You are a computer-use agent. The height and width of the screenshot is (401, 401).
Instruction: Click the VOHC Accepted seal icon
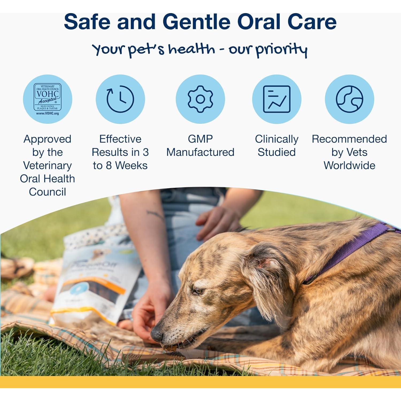pyautogui.click(x=47, y=99)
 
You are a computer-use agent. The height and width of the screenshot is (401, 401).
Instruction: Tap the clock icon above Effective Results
pyautogui.click(x=120, y=99)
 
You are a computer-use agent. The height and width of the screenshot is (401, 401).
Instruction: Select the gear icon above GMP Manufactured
pyautogui.click(x=200, y=99)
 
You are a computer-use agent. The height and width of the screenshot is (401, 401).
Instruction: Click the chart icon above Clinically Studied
pyautogui.click(x=277, y=99)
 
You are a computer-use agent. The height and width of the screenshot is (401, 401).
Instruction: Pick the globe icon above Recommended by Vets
pyautogui.click(x=349, y=99)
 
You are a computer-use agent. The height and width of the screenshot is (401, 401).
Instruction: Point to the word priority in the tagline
pyautogui.click(x=282, y=50)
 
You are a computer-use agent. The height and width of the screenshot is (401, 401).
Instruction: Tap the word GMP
pyautogui.click(x=200, y=139)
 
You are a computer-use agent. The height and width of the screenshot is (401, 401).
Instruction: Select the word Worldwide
pyautogui.click(x=349, y=165)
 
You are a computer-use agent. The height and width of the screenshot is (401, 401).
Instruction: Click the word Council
pyautogui.click(x=47, y=192)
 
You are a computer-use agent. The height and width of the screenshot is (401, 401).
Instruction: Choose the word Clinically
pyautogui.click(x=277, y=139)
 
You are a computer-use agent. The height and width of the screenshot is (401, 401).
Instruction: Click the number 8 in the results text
pyautogui.click(x=109, y=166)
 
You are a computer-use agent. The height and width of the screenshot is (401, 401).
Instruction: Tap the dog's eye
pyautogui.click(x=198, y=291)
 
